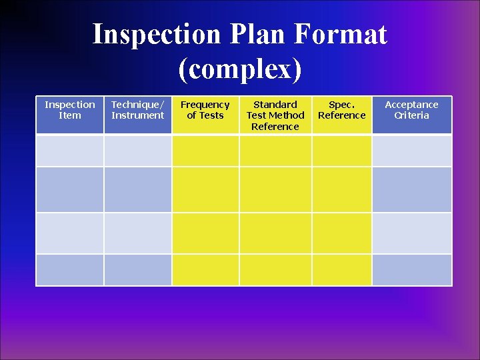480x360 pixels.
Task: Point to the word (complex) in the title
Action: [x=240, y=69]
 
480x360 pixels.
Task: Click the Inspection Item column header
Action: [x=70, y=110]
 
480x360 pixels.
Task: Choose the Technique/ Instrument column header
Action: [x=138, y=110]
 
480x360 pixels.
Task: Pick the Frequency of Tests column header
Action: [x=205, y=110]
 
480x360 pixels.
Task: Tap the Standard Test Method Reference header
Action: [x=275, y=115]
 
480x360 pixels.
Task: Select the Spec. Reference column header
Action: [x=342, y=110]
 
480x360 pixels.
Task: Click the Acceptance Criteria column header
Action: [x=411, y=110]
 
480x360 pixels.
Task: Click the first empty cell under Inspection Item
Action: [x=70, y=151]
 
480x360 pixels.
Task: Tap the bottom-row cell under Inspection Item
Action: [x=70, y=270]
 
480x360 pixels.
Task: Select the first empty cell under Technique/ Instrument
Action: [x=138, y=151]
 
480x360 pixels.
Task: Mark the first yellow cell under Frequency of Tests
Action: [x=205, y=151]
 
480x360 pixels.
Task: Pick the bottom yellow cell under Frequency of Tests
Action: [x=205, y=270]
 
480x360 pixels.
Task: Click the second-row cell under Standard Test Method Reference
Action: [x=275, y=190]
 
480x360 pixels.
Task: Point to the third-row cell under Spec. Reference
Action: [x=342, y=233]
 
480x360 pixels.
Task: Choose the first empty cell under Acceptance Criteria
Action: [x=411, y=151]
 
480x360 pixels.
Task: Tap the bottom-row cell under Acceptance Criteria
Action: [x=411, y=270]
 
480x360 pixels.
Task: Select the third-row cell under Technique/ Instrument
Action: [x=138, y=233]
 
